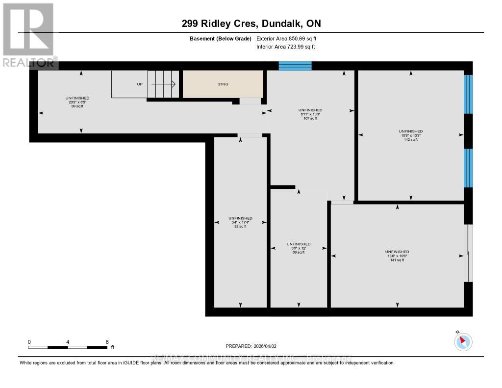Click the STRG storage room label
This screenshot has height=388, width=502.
(x=223, y=84)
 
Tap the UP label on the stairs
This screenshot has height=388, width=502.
(x=140, y=84)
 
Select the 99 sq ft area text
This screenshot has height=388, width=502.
(x=77, y=106)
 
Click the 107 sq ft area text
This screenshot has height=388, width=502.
(x=310, y=118)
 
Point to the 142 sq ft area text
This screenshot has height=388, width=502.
(x=410, y=140)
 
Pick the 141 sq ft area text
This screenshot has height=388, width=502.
(x=397, y=260)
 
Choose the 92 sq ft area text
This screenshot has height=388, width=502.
(x=240, y=227)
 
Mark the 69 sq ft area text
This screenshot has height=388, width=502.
(x=299, y=252)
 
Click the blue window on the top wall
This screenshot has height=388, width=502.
(x=295, y=66)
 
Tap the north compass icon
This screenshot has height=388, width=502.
(x=463, y=341)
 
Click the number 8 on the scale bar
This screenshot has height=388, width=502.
(x=107, y=342)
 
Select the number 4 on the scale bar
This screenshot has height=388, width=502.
(x=68, y=342)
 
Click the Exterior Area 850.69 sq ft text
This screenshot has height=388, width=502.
(x=290, y=38)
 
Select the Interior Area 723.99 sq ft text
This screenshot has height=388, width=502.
(x=285, y=47)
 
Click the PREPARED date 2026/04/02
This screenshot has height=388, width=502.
(x=251, y=346)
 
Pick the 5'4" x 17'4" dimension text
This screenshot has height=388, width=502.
(x=240, y=222)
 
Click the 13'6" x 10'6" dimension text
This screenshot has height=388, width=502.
(x=397, y=256)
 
